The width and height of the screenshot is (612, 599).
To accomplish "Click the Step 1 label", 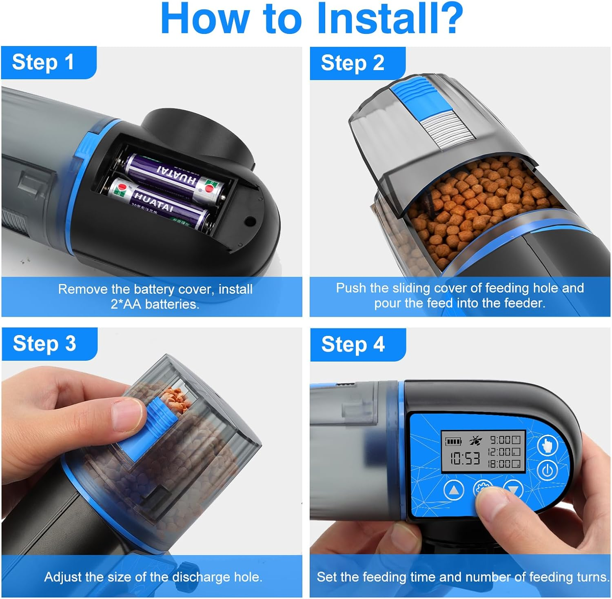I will pyautogui.click(x=43, y=62).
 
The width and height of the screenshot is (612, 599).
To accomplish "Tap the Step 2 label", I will pyautogui.click(x=353, y=63).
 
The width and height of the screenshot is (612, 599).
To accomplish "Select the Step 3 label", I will pyautogui.click(x=44, y=344).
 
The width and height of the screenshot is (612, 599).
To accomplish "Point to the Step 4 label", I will pyautogui.click(x=353, y=344).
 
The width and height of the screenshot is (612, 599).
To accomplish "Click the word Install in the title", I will pyautogui.click(x=390, y=18).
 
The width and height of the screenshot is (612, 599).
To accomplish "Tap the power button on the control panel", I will pyautogui.click(x=548, y=470).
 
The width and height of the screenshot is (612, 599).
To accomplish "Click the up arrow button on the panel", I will pyautogui.click(x=454, y=490).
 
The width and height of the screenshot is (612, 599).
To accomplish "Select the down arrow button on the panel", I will pyautogui.click(x=513, y=489).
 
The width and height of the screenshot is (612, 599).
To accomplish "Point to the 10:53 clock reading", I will pyautogui.click(x=465, y=459).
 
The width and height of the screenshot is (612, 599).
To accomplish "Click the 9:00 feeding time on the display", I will pyautogui.click(x=500, y=440).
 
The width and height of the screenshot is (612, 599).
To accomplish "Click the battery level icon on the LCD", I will pyautogui.click(x=453, y=441).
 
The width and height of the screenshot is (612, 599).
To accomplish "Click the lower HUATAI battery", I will pyautogui.click(x=161, y=204).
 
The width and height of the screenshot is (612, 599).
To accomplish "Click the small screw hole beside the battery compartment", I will pyautogui.click(x=250, y=222).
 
